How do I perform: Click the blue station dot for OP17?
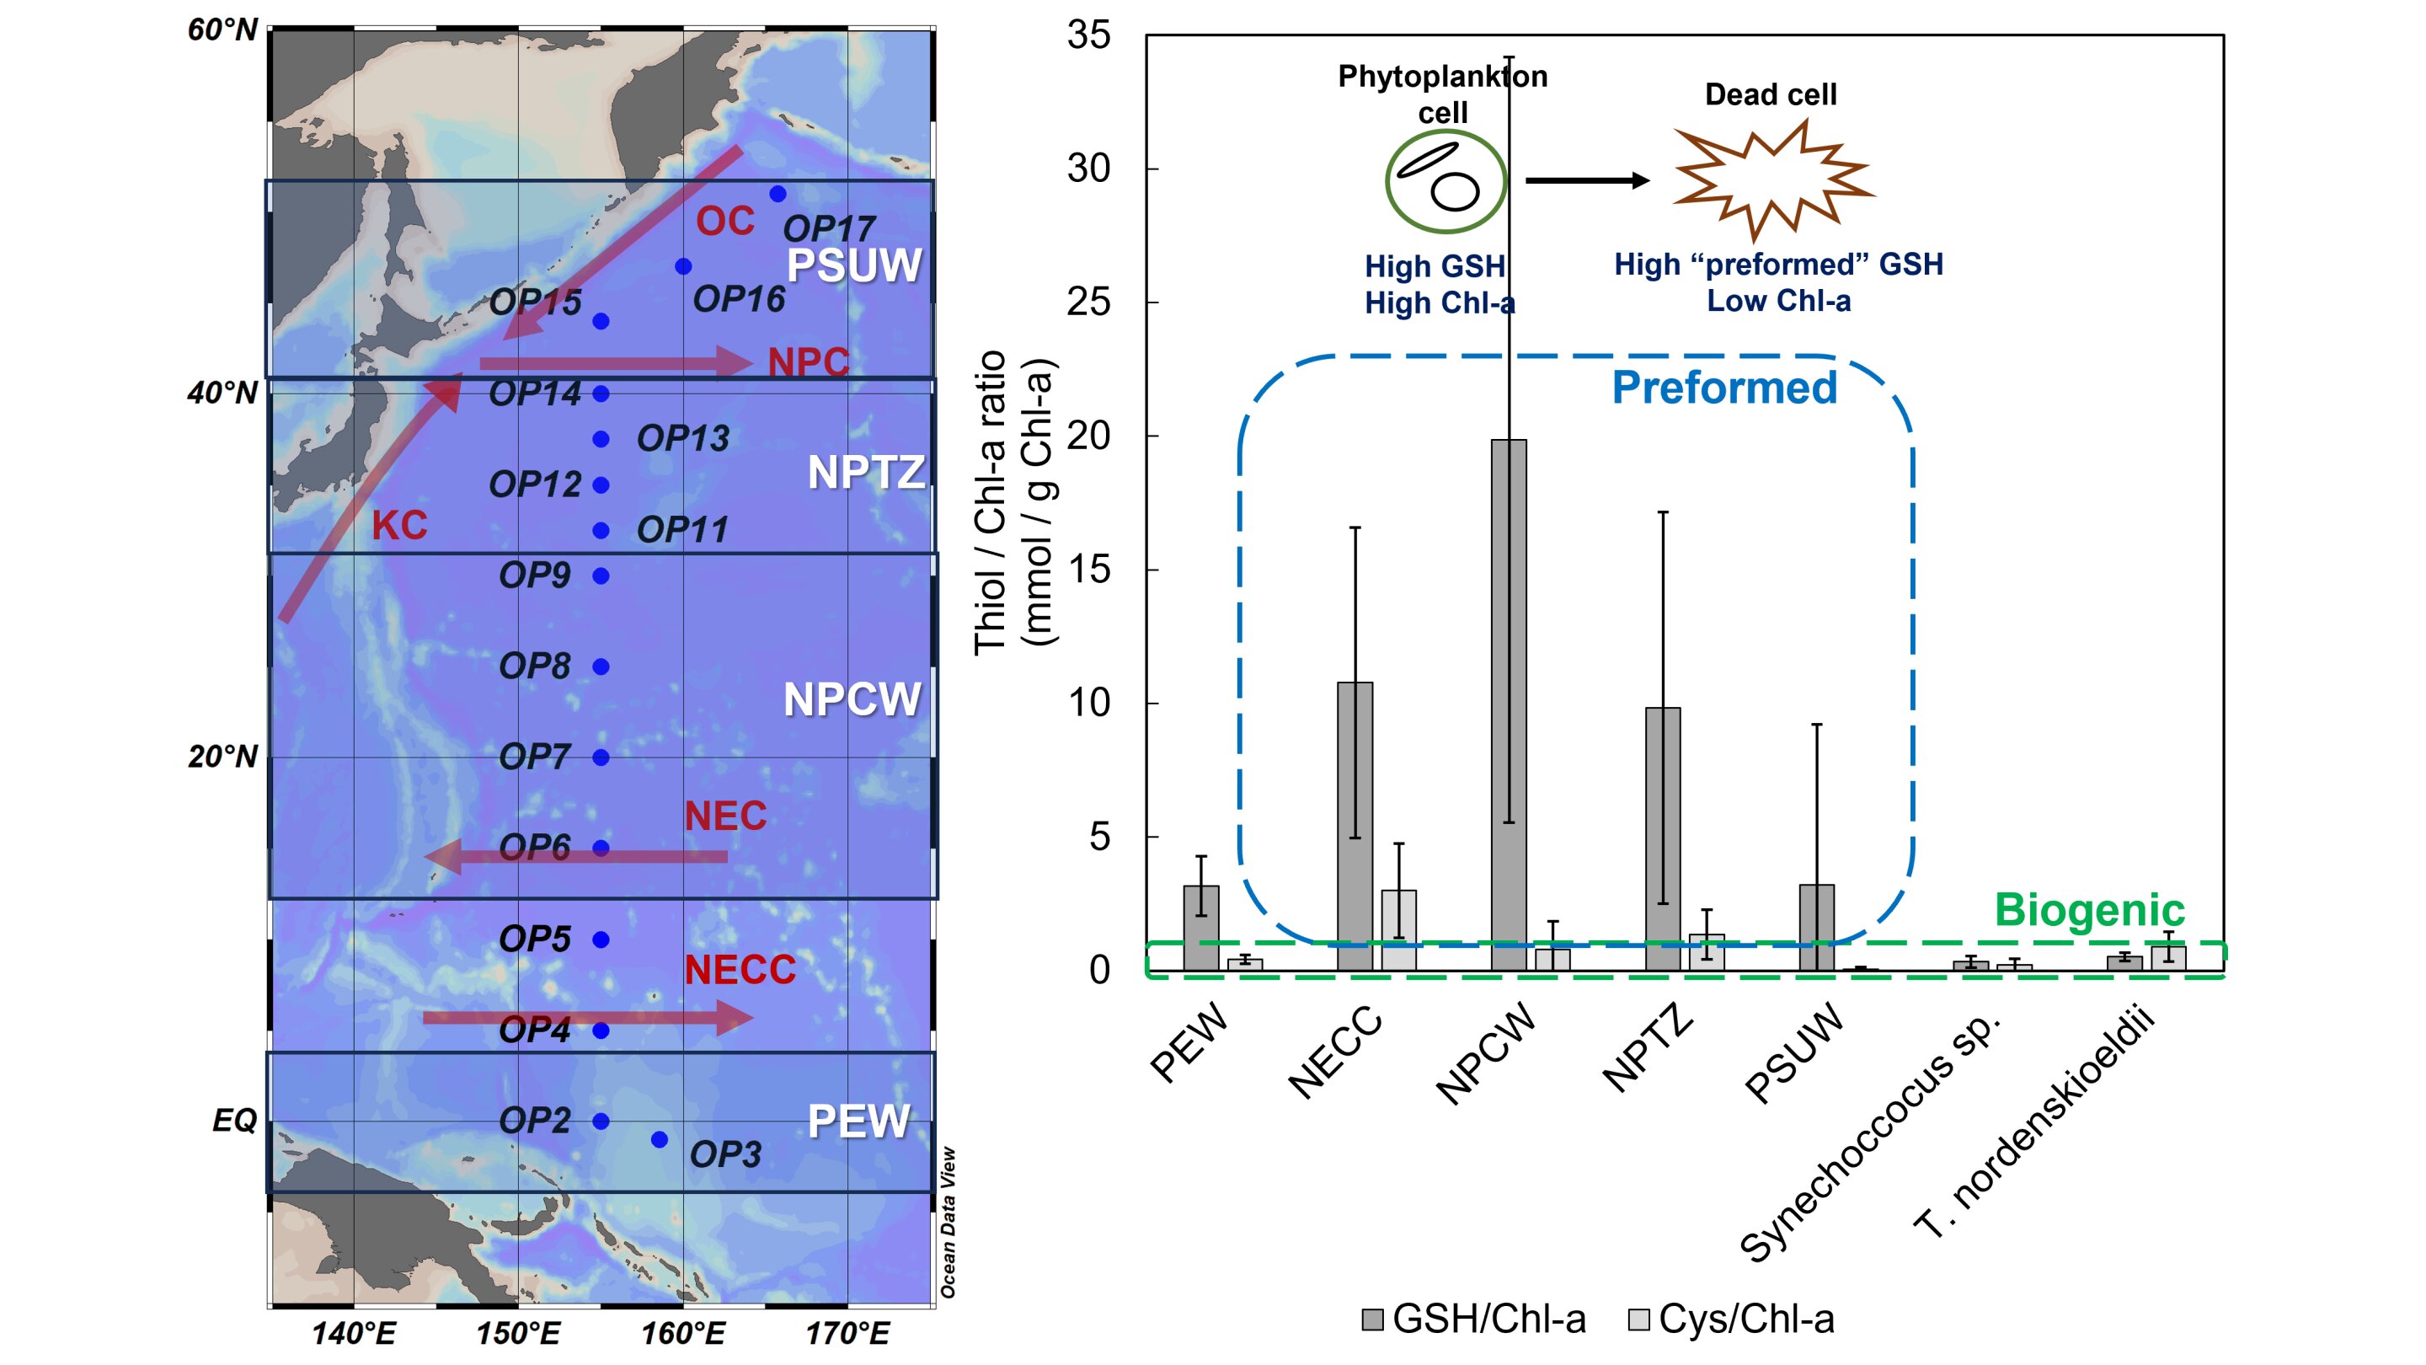click(777, 194)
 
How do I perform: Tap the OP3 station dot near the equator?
click(660, 1140)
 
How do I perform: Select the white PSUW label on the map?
click(854, 265)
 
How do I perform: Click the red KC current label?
click(399, 526)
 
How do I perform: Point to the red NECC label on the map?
click(740, 969)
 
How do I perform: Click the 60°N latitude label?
click(222, 30)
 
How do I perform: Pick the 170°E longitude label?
click(847, 1334)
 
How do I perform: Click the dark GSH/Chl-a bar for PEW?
click(1200, 928)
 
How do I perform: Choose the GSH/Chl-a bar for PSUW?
click(1816, 928)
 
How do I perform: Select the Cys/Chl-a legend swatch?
click(1638, 1319)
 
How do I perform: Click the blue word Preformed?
click(1724, 388)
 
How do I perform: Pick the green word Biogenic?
click(2089, 910)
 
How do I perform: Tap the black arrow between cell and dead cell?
click(1587, 180)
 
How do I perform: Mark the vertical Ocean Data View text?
click(948, 1222)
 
